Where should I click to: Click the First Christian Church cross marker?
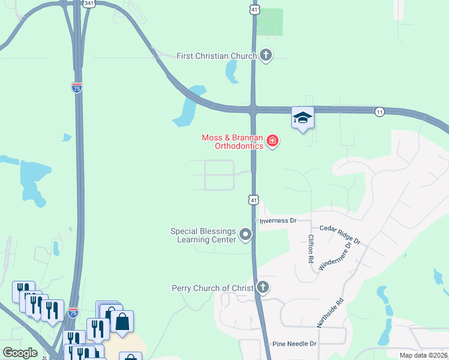click(x=266, y=56)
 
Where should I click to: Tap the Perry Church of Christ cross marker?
click(x=262, y=288)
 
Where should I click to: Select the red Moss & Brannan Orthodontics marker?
click(x=273, y=142)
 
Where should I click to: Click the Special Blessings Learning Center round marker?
click(x=245, y=235)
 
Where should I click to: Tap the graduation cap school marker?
click(x=303, y=118)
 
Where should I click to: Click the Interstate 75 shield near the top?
click(x=77, y=88)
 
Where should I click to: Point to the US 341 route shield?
click(x=89, y=3)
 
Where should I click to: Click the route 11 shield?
click(x=379, y=112)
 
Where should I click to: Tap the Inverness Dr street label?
click(x=278, y=221)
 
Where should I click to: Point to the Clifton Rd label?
click(x=311, y=249)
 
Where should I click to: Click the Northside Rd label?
click(x=331, y=313)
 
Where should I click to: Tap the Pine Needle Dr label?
click(x=294, y=344)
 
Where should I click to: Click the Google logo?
click(x=20, y=352)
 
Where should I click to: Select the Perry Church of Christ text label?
click(x=212, y=289)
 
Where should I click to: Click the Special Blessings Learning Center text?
click(x=203, y=235)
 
